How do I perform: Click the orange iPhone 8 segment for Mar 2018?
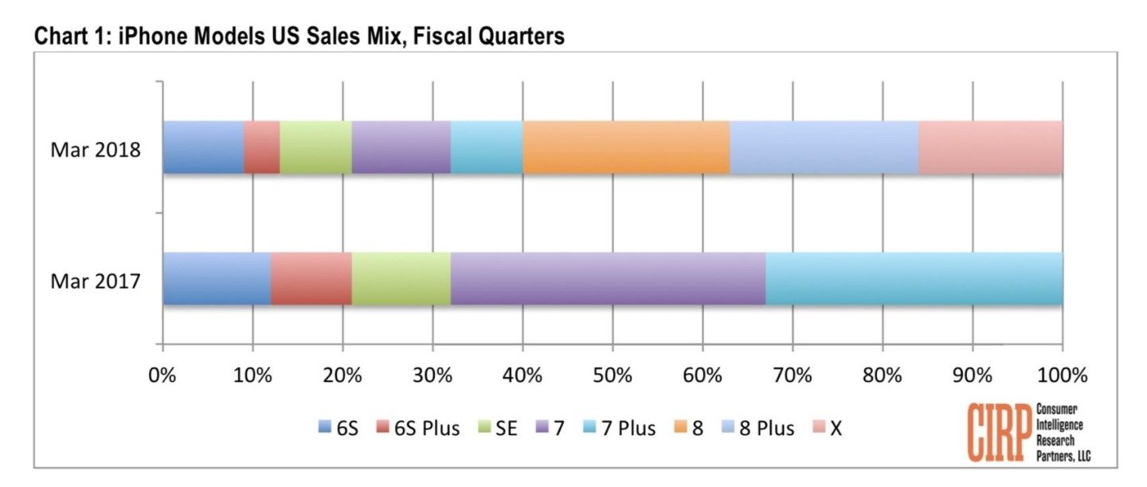point(626,147)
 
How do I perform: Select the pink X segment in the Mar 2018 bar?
point(990,147)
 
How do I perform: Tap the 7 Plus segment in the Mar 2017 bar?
point(914,278)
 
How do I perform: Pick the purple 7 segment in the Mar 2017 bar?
point(608,278)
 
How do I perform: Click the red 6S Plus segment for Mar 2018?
point(262,147)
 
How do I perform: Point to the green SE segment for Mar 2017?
point(401,278)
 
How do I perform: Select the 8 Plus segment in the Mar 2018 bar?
point(824,147)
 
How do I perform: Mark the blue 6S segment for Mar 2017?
point(217,278)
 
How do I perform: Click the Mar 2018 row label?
point(96,149)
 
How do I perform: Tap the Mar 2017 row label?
point(96,281)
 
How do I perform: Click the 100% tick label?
point(1062,375)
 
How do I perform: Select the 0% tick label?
point(162,375)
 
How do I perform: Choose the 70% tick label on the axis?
point(793,375)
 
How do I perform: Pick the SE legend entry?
point(498,429)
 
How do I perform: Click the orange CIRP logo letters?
point(999,432)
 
